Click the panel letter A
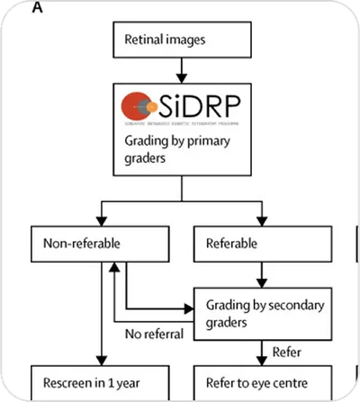(37, 7)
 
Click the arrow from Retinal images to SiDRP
(181, 67)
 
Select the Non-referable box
(100, 243)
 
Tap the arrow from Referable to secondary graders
(262, 273)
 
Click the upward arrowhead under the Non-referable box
(113, 267)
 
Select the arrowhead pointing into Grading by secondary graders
(190, 307)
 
